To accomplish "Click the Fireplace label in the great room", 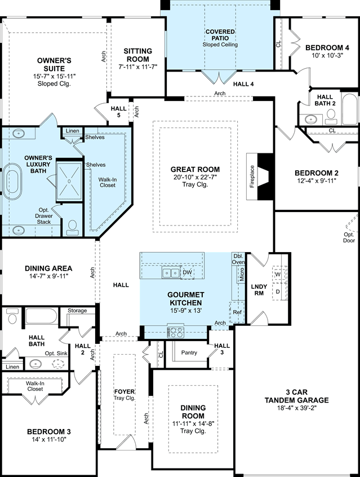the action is [x=252, y=176].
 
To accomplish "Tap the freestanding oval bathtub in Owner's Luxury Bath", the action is [x=12, y=182].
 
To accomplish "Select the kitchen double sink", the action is [x=171, y=272].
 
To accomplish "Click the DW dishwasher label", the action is [x=187, y=272].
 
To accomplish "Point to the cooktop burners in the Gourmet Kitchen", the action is [x=175, y=332].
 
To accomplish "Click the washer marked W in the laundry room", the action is [x=278, y=275].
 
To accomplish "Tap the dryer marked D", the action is [x=278, y=291].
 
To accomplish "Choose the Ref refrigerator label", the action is [x=237, y=312].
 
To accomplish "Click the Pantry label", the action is [x=189, y=352].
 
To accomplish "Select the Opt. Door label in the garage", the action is [x=349, y=237].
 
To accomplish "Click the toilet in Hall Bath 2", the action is [x=331, y=117].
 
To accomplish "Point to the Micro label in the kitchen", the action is [x=242, y=275].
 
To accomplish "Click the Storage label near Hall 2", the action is [x=77, y=311].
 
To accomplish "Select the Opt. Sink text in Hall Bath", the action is [x=56, y=353].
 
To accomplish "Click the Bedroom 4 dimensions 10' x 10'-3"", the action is [x=327, y=55].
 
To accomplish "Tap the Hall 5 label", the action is [x=118, y=112].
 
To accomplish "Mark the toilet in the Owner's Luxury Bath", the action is [x=72, y=228].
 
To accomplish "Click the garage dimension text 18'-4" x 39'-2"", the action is [x=297, y=408].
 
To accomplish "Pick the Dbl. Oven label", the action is [x=238, y=259].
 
